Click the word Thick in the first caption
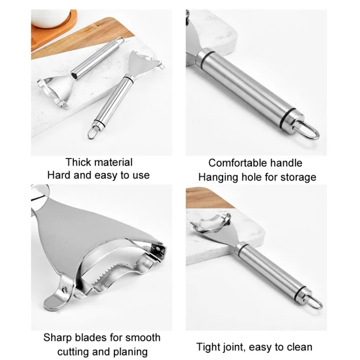pyautogui.click(x=75, y=162)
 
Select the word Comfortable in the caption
pyautogui.click(x=238, y=163)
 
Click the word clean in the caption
pyautogui.click(x=300, y=347)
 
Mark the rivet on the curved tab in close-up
pyautogui.click(x=65, y=289)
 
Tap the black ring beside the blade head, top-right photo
pyautogui.click(x=208, y=57)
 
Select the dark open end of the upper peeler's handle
pyautogui.click(x=74, y=75)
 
